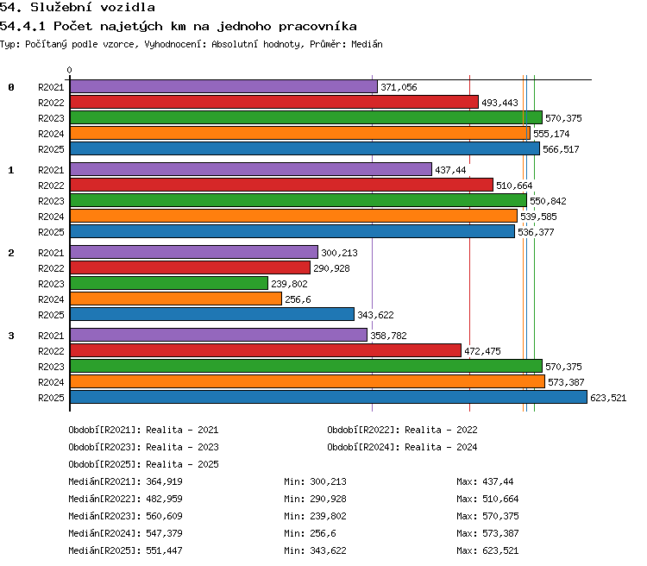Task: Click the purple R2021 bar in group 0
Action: [x=223, y=86]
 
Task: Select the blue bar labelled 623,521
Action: [x=329, y=397]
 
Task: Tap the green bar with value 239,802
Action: [x=169, y=283]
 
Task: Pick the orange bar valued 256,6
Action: [x=176, y=299]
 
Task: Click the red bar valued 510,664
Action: [x=281, y=185]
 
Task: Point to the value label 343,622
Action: [x=375, y=315]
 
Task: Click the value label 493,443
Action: [x=499, y=103]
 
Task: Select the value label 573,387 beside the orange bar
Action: [x=566, y=382]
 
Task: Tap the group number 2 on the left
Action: [x=11, y=253]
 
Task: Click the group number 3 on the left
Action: [x=11, y=336]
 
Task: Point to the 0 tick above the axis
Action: [x=69, y=70]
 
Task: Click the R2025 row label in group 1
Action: [x=51, y=232]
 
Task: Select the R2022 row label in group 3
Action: [x=51, y=351]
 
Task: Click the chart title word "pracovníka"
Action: [x=317, y=27]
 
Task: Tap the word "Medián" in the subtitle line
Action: [x=367, y=44]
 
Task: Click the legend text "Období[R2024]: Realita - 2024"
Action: [x=402, y=447]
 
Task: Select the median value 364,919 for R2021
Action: [x=164, y=481]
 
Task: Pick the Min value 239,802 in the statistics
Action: [x=328, y=516]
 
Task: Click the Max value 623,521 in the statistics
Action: [x=500, y=550]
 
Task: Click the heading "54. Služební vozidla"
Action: [x=78, y=7]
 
